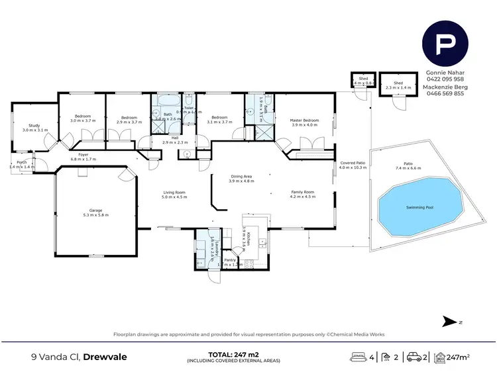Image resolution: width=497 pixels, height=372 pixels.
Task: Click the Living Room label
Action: [175, 193]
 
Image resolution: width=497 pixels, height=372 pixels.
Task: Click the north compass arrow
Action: [452, 322]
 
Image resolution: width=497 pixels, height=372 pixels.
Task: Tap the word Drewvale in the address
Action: [105, 357]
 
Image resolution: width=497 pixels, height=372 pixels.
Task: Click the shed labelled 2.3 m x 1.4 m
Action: [398, 84]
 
